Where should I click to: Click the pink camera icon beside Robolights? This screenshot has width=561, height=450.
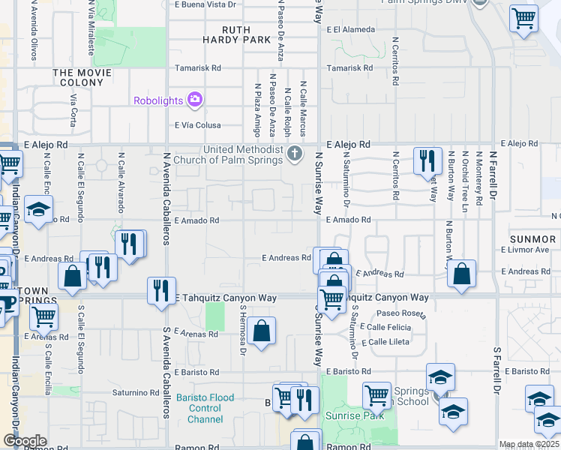pyautogui.click(x=195, y=100)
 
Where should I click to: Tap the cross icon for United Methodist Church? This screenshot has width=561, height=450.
pyautogui.click(x=295, y=154)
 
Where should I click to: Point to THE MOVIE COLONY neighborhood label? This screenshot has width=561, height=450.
pyautogui.click(x=82, y=73)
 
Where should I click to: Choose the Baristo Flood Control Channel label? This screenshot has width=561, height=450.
pyautogui.click(x=199, y=408)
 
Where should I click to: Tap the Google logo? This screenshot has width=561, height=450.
pyautogui.click(x=25, y=441)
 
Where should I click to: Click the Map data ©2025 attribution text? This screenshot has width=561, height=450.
pyautogui.click(x=529, y=444)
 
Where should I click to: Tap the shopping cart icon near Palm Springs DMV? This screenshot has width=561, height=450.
pyautogui.click(x=523, y=18)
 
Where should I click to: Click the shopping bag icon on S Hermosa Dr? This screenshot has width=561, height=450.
pyautogui.click(x=261, y=331)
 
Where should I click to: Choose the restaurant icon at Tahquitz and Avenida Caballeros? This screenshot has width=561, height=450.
pyautogui.click(x=160, y=290)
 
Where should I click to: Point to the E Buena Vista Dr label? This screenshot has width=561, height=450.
pyautogui.click(x=204, y=4)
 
